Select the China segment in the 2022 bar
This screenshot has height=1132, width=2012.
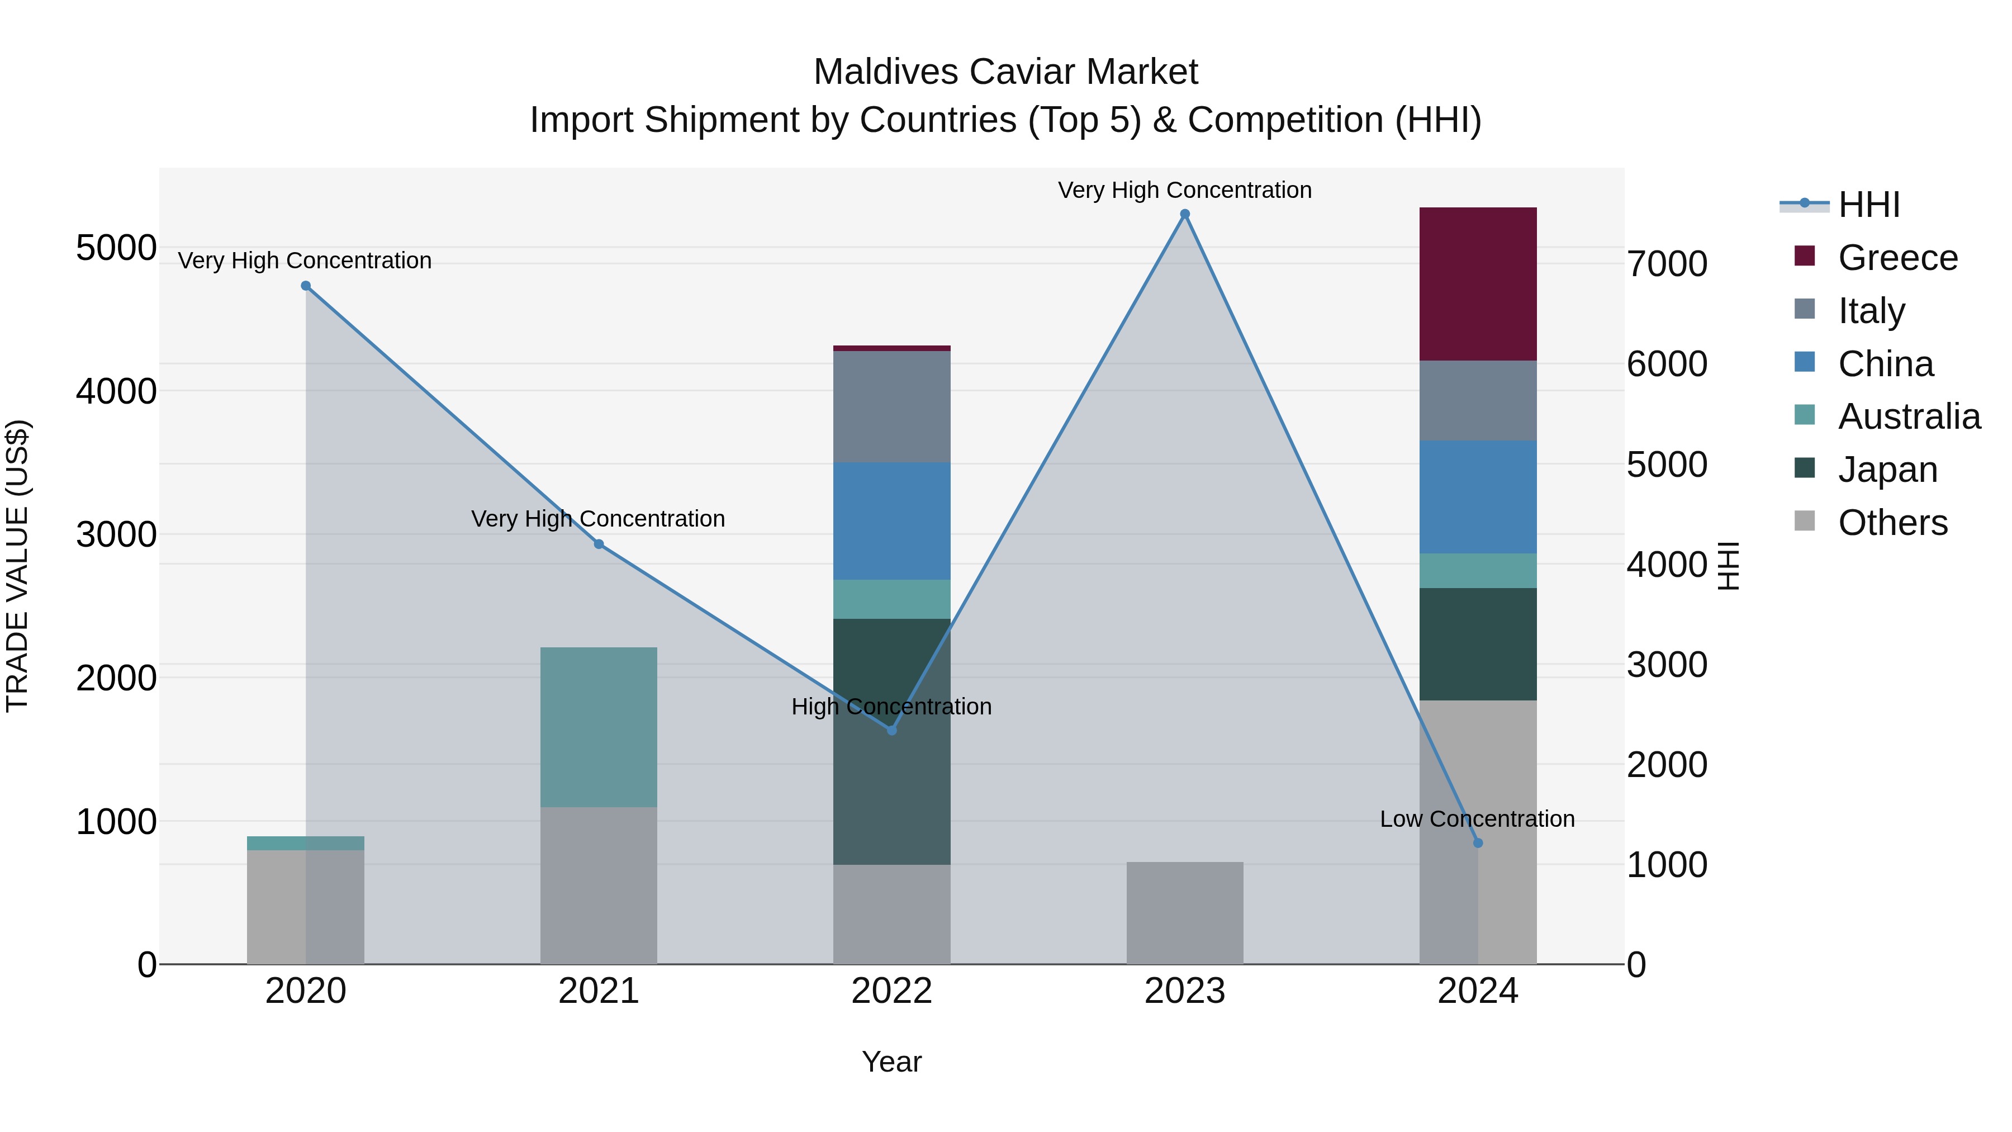click(891, 520)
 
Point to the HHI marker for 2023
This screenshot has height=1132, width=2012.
click(1184, 214)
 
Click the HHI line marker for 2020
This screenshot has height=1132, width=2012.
click(305, 286)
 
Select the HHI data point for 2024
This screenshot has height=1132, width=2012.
click(1477, 843)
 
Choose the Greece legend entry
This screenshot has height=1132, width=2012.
click(1897, 258)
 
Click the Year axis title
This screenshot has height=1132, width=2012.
click(891, 1062)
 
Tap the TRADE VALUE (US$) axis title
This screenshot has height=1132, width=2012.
click(17, 566)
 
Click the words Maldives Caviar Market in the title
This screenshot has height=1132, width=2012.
click(1005, 72)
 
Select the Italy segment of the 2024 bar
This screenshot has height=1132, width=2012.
click(1477, 400)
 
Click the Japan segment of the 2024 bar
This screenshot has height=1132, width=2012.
click(1477, 644)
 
